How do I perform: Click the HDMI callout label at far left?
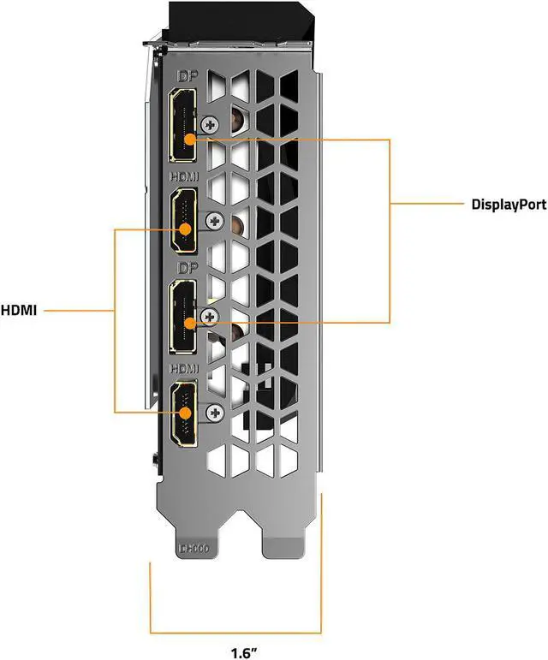point(19,311)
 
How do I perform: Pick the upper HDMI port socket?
point(183,222)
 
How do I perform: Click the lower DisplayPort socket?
point(183,318)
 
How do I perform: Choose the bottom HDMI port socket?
point(183,413)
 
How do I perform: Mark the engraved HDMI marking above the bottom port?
point(184,368)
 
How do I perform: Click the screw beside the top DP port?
point(208,125)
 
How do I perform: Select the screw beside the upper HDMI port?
point(210,222)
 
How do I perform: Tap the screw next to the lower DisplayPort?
point(207,318)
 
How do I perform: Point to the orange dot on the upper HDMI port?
point(183,229)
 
